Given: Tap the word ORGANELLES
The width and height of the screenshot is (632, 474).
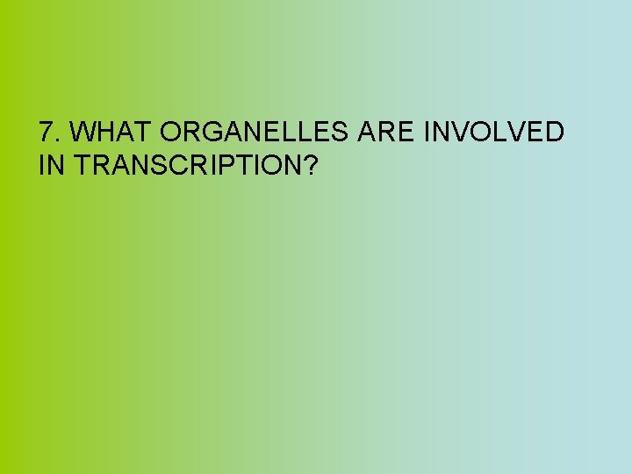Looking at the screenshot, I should coord(255,133).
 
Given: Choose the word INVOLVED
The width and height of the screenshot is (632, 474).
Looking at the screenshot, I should coord(494,133).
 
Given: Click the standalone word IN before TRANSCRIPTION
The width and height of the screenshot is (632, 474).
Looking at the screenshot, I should coord(52,164).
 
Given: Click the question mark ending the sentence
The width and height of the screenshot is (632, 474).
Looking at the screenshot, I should coord(308,164).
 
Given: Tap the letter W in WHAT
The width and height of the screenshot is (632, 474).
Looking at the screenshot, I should coord(83,133).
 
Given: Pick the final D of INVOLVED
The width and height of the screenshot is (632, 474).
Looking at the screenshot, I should coord(554,133).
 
